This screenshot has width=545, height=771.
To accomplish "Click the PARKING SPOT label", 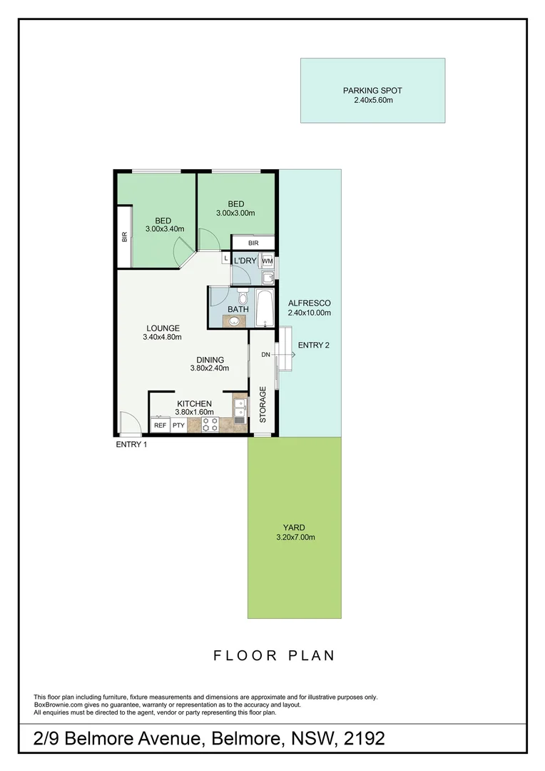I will [372, 91].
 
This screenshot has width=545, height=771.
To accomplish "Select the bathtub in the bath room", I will [265, 308].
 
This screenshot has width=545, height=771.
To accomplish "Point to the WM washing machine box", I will [268, 261].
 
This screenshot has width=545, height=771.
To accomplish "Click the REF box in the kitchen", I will [160, 425].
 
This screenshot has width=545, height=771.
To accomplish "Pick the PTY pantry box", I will [178, 425].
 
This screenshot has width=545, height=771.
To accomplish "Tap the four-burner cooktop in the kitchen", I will [210, 425].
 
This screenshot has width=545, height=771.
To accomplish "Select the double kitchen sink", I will [241, 408].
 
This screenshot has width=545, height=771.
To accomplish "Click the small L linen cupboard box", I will [226, 258].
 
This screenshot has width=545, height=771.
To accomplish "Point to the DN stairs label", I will [265, 355].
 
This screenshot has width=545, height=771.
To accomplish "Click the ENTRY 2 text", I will [314, 346].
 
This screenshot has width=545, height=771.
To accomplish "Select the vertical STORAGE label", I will [263, 405].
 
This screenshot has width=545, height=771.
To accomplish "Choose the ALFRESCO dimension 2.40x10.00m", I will [310, 313].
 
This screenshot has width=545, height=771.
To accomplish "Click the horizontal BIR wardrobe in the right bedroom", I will [253, 243].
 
